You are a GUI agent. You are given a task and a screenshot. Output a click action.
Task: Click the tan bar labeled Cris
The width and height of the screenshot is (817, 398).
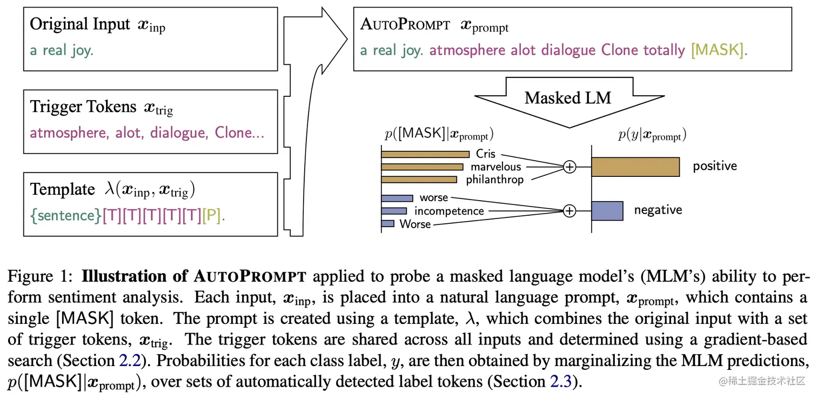pos(425,154)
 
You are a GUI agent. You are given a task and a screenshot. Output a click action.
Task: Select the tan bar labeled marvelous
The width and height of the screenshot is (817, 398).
pos(422,167)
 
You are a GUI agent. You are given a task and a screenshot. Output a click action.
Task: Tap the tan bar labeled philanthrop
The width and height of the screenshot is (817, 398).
pos(419,179)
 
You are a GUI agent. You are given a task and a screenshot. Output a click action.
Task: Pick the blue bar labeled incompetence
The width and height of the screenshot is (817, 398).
pos(394,211)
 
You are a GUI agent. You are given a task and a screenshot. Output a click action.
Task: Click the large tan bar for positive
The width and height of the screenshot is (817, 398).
pos(635,167)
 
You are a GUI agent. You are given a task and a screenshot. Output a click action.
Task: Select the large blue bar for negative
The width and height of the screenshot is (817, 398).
pos(607,210)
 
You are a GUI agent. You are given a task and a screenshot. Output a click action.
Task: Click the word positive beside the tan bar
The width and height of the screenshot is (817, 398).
pos(715,166)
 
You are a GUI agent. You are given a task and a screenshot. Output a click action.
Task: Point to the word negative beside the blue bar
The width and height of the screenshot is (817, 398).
pos(658,210)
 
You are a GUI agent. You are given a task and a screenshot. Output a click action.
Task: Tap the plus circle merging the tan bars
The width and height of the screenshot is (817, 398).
pos(569,167)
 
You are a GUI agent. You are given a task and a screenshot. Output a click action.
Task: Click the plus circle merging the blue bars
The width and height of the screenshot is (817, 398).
pos(569,210)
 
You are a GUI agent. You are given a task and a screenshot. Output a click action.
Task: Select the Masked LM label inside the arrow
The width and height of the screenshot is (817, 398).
pos(568,98)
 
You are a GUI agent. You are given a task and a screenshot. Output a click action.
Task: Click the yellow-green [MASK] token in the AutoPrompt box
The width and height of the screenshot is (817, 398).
pos(717,51)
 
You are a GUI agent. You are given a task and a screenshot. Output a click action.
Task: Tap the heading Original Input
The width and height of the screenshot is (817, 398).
pos(80,24)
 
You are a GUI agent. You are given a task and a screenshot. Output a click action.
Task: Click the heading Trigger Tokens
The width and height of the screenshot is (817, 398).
pos(83,107)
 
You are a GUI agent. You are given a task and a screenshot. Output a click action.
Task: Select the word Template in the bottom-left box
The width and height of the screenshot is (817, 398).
pos(63,189)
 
